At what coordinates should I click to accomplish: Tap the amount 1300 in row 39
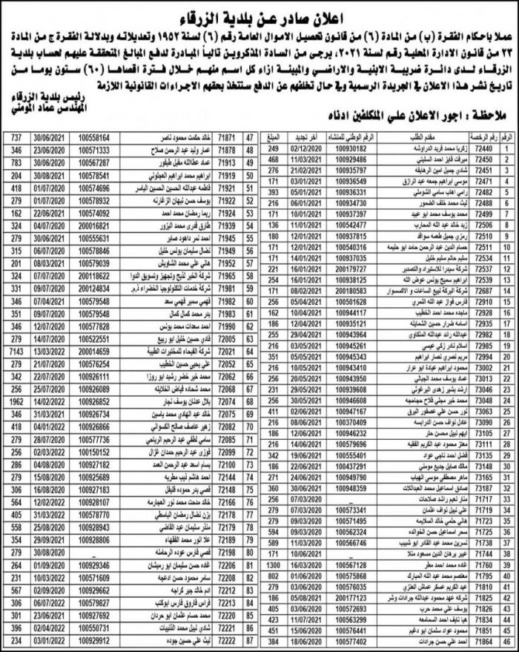point(272,564)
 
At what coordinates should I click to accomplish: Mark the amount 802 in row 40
point(272,575)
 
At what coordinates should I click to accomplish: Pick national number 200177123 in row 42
point(344,596)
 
